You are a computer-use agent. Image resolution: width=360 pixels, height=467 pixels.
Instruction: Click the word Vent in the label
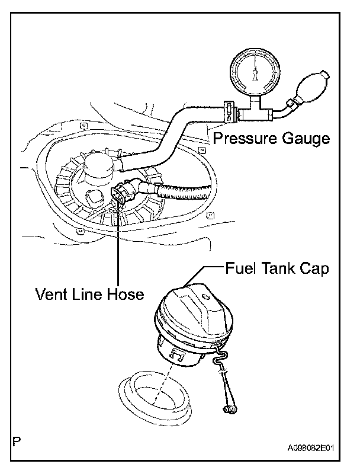49,295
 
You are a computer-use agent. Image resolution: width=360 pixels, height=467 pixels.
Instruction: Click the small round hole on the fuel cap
204,295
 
